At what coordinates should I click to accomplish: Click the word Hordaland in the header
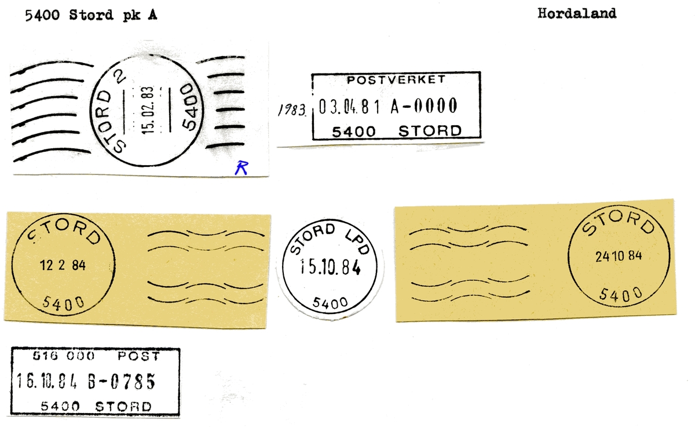pos(577,14)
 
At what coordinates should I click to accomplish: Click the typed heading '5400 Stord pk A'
pos(91,15)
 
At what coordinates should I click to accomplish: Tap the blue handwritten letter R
pos(242,167)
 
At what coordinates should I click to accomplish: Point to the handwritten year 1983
pos(292,110)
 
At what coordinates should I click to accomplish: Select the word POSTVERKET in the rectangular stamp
pos(396,80)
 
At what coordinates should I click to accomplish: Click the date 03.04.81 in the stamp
pos(349,107)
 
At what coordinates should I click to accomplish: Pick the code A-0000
pos(424,106)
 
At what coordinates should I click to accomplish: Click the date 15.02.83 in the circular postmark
pos(148,110)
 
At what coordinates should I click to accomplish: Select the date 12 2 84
pos(63,265)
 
